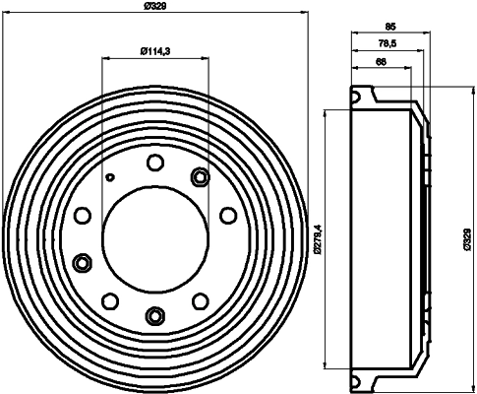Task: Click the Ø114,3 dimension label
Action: pos(155,50)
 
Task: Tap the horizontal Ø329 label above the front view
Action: pos(155,7)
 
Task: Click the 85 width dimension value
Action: pos(390,29)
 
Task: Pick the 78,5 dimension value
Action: pos(388,45)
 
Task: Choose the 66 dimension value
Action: pos(380,62)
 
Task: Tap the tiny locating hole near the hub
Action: pos(111,178)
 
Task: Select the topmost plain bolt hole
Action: pos(155,163)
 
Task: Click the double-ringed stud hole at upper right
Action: pos(202,177)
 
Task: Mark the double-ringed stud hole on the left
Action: pos(83,262)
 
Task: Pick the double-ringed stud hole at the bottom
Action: pos(155,315)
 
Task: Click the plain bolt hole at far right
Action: pos(228,214)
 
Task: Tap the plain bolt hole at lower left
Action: pos(111,300)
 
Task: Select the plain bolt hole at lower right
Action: pos(201,300)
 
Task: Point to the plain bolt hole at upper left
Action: pos(83,215)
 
